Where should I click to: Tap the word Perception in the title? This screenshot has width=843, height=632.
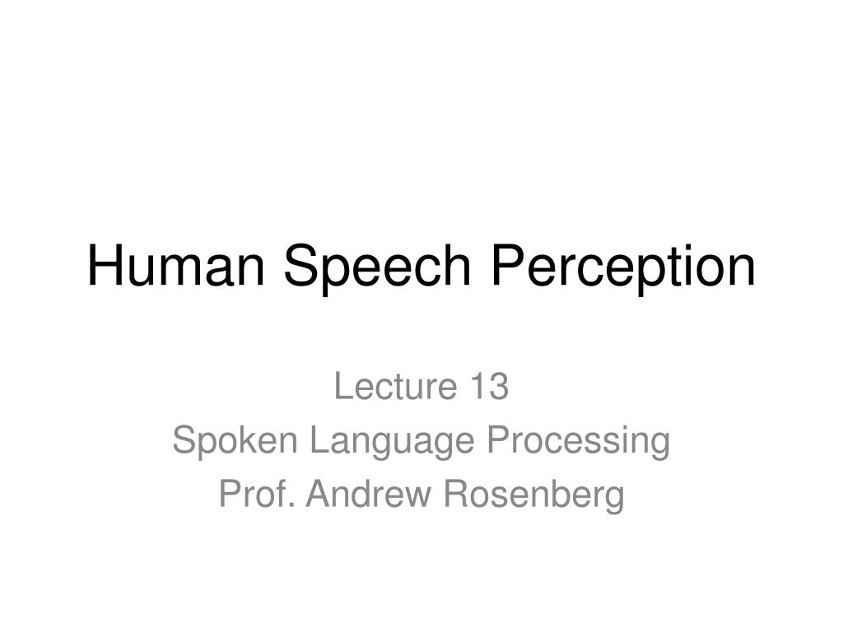624,267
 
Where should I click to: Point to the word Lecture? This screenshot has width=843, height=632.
385,387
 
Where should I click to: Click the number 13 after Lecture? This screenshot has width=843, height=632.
490,387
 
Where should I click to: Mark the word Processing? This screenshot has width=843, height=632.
579,441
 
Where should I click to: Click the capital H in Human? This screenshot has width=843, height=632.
102,267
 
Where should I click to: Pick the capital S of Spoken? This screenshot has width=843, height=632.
182,441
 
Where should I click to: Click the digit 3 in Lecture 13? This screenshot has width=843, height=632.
500,387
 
